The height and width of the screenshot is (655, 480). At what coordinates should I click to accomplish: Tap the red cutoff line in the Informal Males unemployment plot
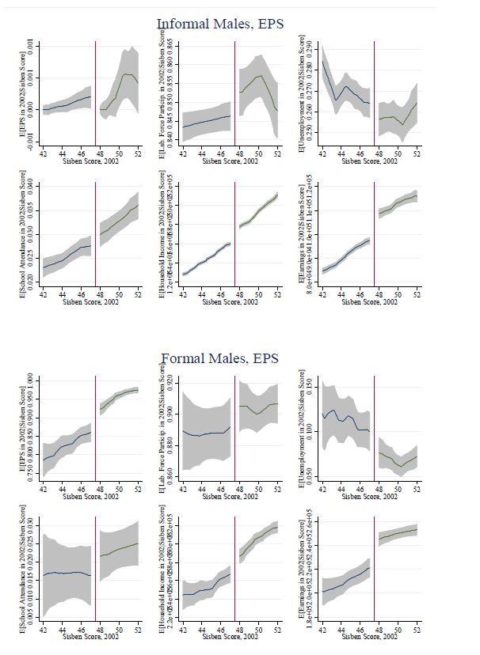pos(374,95)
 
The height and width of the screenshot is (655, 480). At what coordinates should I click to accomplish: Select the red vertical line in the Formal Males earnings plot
pos(374,570)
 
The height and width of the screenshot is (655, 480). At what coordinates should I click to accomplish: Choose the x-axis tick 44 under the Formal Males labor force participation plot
pos(202,489)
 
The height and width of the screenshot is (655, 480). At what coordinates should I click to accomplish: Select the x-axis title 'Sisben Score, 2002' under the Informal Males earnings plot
pos(369,301)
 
